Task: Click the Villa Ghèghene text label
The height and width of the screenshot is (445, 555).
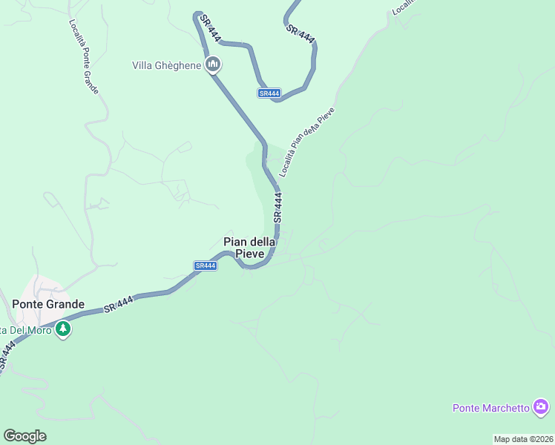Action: (166, 65)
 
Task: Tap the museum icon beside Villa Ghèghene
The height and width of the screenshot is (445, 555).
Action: (214, 65)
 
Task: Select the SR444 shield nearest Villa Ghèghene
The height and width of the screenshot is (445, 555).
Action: (269, 93)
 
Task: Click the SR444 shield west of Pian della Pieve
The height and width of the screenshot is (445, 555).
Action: (206, 266)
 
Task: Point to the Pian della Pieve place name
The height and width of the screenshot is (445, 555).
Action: (249, 248)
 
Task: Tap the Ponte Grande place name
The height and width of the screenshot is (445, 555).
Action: (48, 304)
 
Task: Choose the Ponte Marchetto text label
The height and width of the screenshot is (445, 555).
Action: (491, 408)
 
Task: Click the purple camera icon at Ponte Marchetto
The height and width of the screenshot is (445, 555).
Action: (541, 406)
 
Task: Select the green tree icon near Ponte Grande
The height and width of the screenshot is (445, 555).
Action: (63, 329)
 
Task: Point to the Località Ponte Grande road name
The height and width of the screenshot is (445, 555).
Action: (84, 56)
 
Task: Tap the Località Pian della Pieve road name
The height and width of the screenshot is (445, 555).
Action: (307, 142)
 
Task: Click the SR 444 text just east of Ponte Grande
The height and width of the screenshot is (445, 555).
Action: (119, 303)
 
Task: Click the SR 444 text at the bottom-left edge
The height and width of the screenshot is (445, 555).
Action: (7, 355)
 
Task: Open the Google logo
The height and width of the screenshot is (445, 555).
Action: (24, 436)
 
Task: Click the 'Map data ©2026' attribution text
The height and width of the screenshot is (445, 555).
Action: (524, 439)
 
